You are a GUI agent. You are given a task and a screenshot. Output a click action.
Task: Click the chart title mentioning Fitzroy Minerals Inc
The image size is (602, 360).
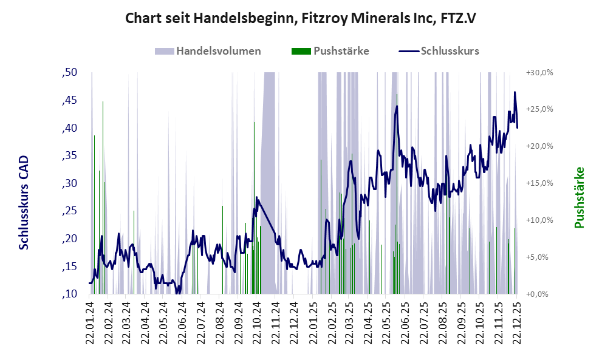[x=301, y=18]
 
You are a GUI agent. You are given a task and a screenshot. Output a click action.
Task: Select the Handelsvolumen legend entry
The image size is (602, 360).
[x=219, y=51]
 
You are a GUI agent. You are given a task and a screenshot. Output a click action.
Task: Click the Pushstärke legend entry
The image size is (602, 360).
[x=341, y=51]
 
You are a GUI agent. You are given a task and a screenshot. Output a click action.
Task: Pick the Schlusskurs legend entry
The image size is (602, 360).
[x=450, y=51]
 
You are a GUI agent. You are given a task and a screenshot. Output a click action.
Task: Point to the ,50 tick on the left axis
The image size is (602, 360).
[x=69, y=73]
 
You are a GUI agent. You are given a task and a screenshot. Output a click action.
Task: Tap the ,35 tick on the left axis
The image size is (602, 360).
[x=69, y=156]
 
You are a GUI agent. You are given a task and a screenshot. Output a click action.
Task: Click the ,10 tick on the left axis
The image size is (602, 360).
[x=69, y=294]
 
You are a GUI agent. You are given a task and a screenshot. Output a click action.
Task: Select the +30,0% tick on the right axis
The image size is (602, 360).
[x=539, y=73]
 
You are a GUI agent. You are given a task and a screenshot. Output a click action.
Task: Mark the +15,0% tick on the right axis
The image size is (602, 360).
[x=539, y=183]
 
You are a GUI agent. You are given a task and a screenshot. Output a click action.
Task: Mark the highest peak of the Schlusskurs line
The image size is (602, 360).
[x=515, y=92]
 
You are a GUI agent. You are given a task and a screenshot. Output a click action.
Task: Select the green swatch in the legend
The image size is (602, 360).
[x=301, y=51]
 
